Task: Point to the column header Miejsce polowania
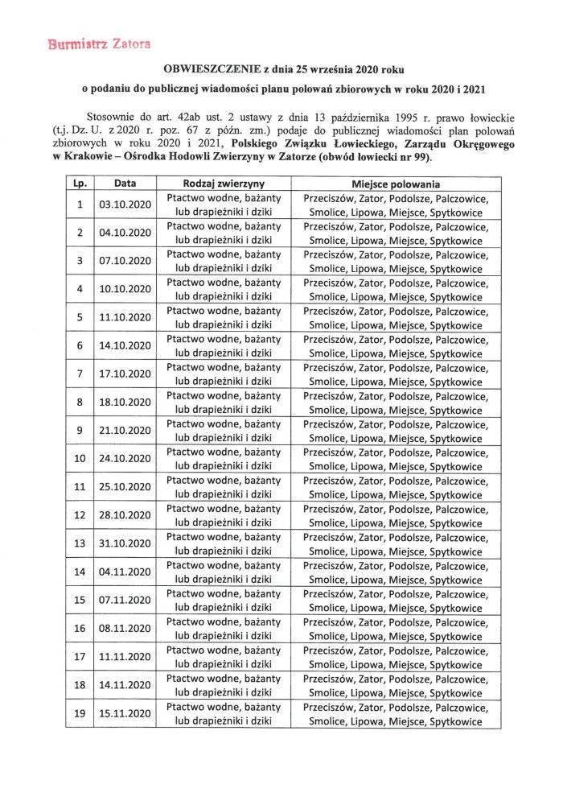click(x=396, y=184)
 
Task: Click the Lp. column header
click(x=80, y=184)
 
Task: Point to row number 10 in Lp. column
click(x=80, y=458)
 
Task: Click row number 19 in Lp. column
click(x=80, y=713)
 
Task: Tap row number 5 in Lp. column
click(x=80, y=317)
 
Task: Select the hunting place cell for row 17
click(x=396, y=656)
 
